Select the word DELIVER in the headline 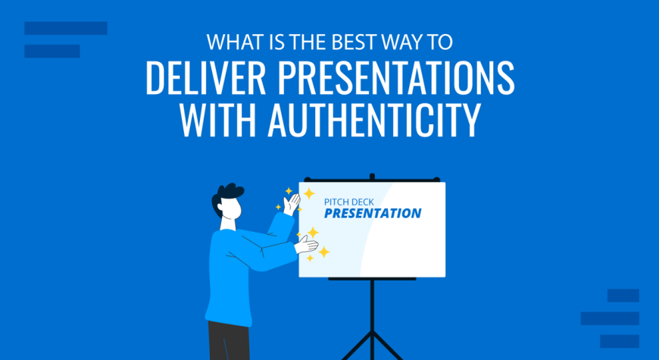coord(205,78)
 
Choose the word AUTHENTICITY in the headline coord(374,120)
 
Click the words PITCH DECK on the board coord(349,202)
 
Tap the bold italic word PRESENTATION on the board coord(373,213)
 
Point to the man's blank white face coord(231,208)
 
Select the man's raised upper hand coord(292,205)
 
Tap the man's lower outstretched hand coord(306,246)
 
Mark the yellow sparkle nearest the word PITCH coord(309,193)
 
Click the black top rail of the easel coord(372,180)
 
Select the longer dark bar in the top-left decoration coord(66,28)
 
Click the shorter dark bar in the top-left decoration coord(52,51)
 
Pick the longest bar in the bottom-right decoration coord(610,318)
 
